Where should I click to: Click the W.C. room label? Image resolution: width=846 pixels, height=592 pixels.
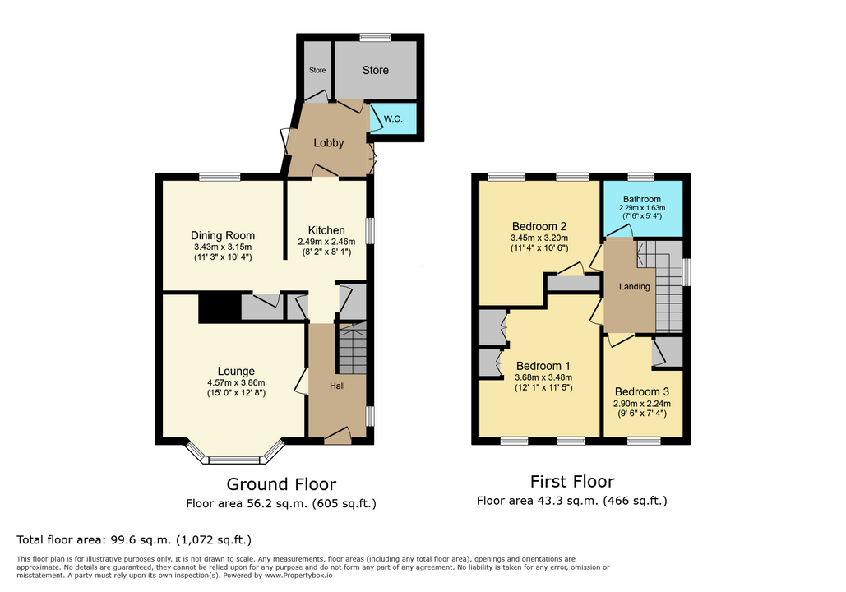click(393, 118)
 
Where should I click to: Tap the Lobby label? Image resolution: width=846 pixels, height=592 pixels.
click(329, 143)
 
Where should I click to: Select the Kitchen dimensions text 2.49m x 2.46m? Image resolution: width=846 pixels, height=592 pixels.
click(326, 243)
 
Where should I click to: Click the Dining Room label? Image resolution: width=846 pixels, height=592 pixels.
click(223, 235)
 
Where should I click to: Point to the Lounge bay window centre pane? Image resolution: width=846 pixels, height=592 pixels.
click(234, 460)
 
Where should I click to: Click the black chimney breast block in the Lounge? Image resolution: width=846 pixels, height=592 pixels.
click(220, 308)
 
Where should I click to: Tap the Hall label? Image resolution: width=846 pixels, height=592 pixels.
click(337, 386)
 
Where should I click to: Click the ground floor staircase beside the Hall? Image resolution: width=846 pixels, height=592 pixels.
click(353, 348)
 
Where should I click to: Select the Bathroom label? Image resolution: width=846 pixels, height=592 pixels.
click(642, 199)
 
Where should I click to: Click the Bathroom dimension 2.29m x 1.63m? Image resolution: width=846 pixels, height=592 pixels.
click(642, 208)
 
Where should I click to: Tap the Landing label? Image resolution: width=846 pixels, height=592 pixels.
click(635, 287)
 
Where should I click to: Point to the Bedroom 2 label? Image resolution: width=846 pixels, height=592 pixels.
click(539, 227)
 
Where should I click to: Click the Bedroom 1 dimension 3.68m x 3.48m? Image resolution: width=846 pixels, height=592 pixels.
click(543, 377)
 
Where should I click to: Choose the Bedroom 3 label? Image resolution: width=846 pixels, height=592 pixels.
click(642, 391)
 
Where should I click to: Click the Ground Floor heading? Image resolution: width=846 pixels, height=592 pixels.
click(281, 484)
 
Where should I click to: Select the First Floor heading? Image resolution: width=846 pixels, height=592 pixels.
click(572, 481)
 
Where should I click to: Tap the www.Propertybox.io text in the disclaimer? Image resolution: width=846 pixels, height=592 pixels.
click(298, 576)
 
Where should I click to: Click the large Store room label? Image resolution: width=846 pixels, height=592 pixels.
click(376, 70)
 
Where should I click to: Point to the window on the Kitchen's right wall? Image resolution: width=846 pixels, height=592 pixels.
click(370, 230)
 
